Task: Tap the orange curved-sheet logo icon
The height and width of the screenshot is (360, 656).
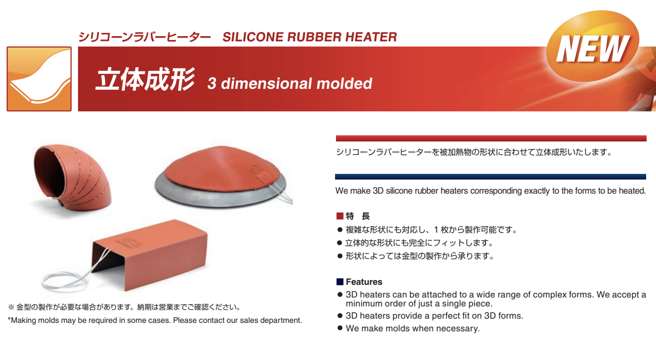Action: pyautogui.click(x=39, y=79)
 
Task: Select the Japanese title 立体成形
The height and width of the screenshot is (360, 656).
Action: pyautogui.click(x=145, y=79)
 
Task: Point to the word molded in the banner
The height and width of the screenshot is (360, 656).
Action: pyautogui.click(x=344, y=84)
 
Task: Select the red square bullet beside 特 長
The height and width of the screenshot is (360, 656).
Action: pyautogui.click(x=340, y=216)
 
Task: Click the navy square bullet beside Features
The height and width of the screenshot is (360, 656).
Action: pyautogui.click(x=340, y=282)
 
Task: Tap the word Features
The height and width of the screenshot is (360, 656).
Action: pyautogui.click(x=364, y=282)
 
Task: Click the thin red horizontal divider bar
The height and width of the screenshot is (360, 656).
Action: pyautogui.click(x=491, y=138)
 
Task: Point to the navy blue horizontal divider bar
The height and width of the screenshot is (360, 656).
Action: pyautogui.click(x=491, y=177)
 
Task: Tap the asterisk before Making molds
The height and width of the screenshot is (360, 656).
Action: pyautogui.click(x=9, y=319)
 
